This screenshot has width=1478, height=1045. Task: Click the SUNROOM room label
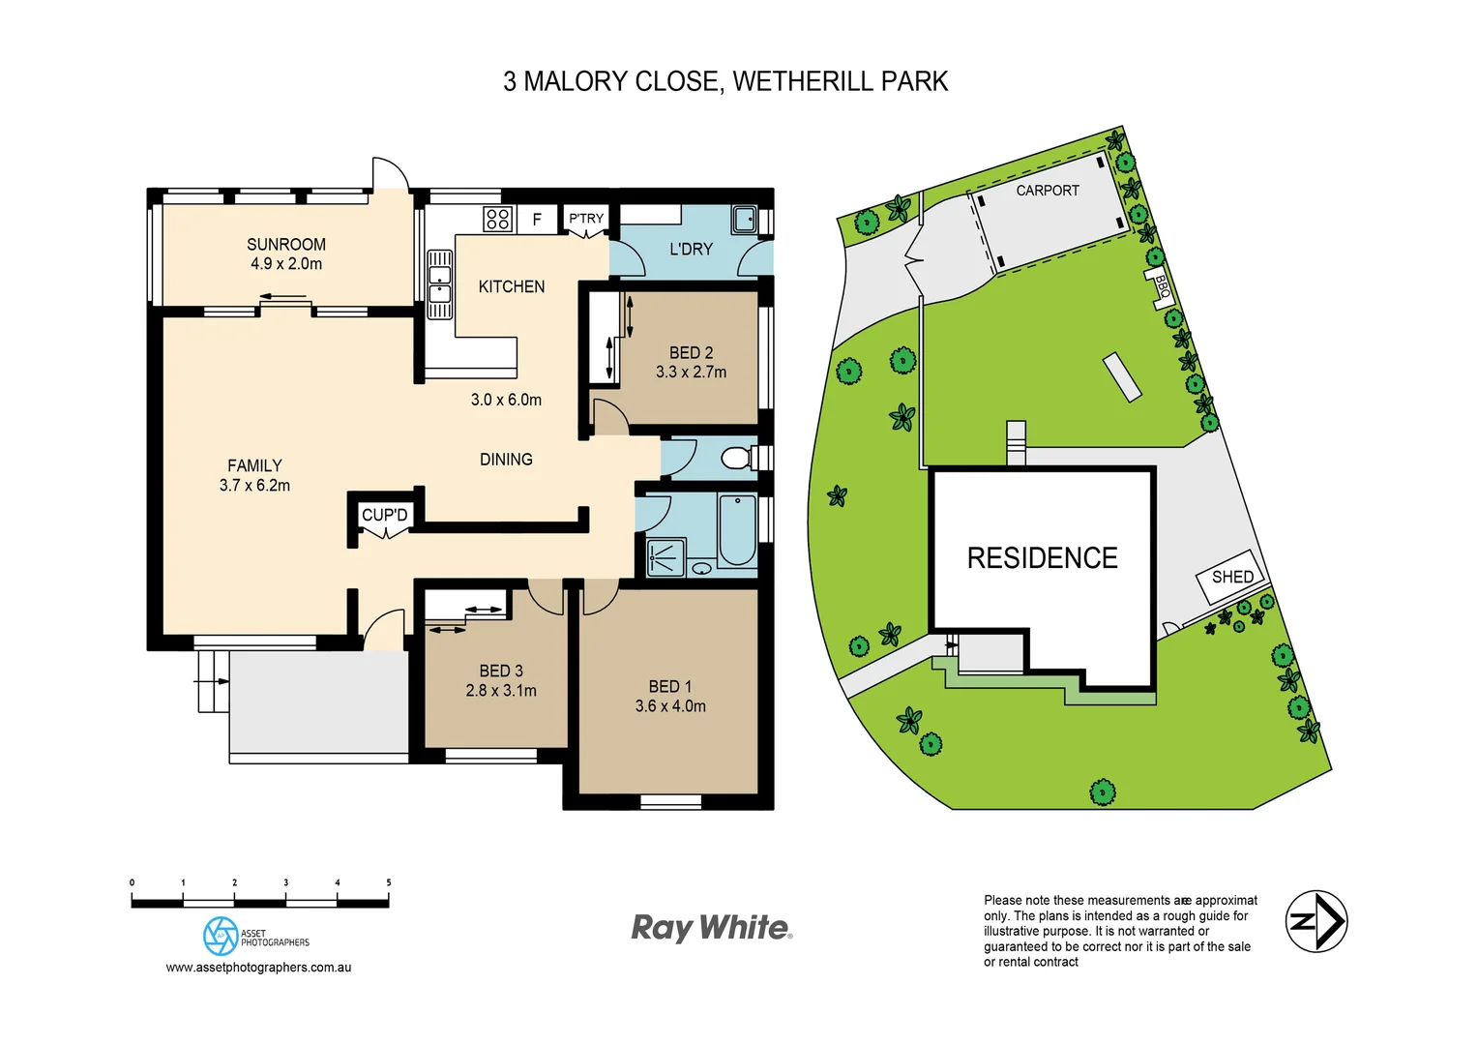click(285, 245)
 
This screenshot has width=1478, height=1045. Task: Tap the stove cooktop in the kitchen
click(497, 220)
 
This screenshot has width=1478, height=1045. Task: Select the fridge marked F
click(537, 220)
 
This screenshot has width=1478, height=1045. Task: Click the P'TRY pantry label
click(585, 219)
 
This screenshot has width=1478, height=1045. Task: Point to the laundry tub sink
click(744, 219)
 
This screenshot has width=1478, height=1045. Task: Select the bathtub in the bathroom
click(737, 529)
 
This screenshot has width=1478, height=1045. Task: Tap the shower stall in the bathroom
click(665, 557)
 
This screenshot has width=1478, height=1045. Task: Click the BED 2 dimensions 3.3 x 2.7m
click(691, 372)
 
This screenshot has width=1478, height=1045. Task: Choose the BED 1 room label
click(669, 686)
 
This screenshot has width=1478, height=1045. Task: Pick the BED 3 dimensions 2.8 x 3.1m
click(500, 691)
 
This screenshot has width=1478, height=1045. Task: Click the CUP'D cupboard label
click(384, 515)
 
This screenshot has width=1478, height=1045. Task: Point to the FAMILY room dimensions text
click(254, 486)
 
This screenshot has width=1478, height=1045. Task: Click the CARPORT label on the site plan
click(1047, 191)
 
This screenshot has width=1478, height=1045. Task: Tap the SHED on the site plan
click(1231, 577)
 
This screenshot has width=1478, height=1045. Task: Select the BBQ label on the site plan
click(1162, 288)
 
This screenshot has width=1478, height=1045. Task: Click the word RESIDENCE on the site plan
click(1042, 558)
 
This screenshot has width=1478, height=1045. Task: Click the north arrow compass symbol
click(1315, 921)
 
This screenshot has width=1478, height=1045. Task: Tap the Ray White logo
click(711, 928)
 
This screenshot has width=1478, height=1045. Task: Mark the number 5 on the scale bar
click(389, 882)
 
